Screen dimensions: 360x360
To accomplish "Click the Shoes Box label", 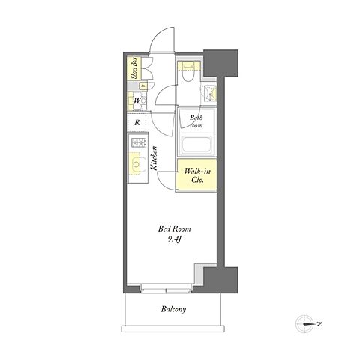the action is (x=134, y=68).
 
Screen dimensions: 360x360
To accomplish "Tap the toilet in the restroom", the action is (x=188, y=71).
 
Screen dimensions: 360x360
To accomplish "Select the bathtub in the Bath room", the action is (x=196, y=145).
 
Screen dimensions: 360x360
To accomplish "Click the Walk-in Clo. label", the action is (x=197, y=175).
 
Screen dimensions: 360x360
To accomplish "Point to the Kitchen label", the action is (x=154, y=158).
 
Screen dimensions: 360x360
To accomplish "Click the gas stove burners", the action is (x=139, y=142).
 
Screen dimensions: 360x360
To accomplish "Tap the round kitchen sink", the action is (x=136, y=165).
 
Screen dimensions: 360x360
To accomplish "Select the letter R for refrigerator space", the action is (x=137, y=123).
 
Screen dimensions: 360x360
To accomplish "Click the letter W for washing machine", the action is (x=137, y=100).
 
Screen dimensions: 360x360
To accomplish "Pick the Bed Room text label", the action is (x=174, y=229).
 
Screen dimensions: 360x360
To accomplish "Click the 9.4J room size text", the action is (x=174, y=239).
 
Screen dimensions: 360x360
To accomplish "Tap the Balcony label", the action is (x=173, y=309).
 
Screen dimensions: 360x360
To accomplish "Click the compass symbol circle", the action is (x=304, y=324).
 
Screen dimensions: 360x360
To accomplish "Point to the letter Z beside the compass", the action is (x=319, y=324).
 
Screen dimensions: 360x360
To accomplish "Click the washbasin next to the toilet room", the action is (x=209, y=94).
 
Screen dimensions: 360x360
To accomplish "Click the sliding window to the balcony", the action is (x=166, y=288).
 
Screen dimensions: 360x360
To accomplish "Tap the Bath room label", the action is (x=196, y=121).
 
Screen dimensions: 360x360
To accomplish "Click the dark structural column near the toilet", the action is (x=220, y=63).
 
